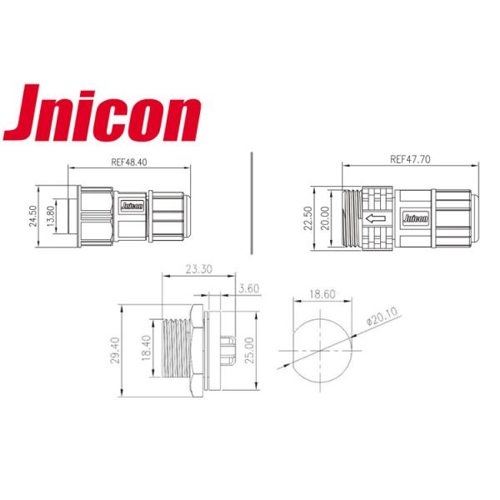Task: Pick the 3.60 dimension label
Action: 249,288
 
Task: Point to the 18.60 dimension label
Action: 316,295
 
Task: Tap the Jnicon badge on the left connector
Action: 133,203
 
